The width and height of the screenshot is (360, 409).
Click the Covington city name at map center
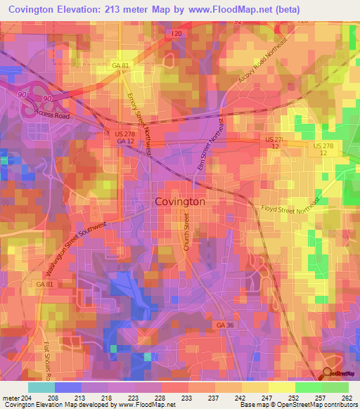[x=179, y=201]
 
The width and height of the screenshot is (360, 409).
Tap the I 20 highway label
[x=177, y=33]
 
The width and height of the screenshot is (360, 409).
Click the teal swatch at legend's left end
[x=41, y=387]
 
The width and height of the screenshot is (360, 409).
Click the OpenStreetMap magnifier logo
[x=328, y=375]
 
